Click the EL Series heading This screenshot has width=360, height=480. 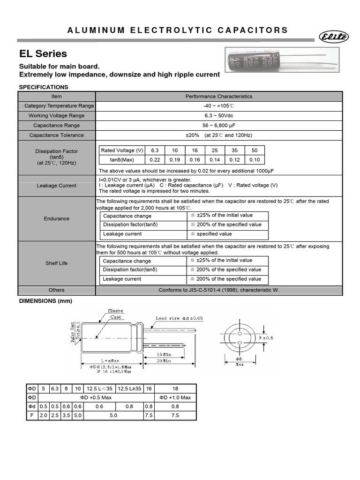tap(43, 53)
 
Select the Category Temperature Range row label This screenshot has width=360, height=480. tap(59, 106)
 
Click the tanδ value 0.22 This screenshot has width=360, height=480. tap(155, 160)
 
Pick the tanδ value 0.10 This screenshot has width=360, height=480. tap(255, 160)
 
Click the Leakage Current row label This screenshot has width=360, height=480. tap(57, 186)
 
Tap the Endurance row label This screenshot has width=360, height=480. tap(57, 218)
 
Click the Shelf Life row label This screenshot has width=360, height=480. tap(57, 263)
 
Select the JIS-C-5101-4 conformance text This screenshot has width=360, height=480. tap(218, 290)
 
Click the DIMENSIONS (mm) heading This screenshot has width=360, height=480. tap(46, 300)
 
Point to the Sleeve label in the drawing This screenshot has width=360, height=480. tap(115, 311)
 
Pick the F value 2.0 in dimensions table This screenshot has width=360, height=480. tap(43, 415)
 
